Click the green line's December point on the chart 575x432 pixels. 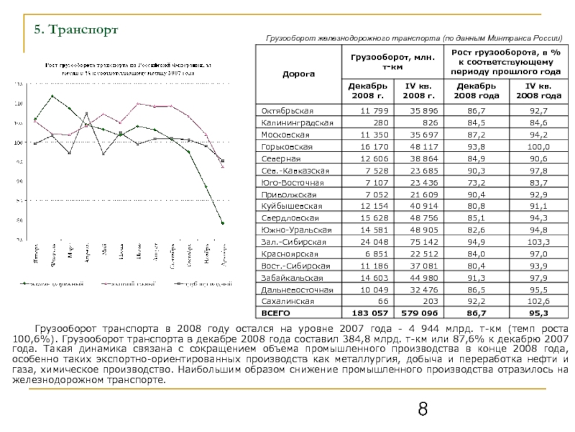coord(223,223)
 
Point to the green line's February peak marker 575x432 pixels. coord(52,96)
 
